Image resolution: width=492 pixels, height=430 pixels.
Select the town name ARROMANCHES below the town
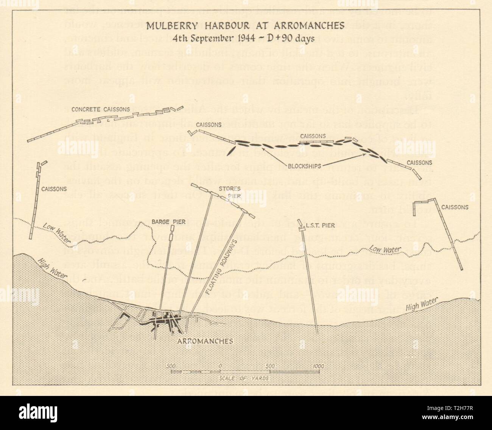pyautogui.click(x=205, y=341)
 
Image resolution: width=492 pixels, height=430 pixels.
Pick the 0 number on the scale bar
pyautogui.click(x=220, y=366)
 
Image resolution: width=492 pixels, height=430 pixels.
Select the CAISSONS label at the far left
pyautogui.click(x=54, y=188)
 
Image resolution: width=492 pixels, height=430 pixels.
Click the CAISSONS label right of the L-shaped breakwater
pyautogui.click(x=455, y=207)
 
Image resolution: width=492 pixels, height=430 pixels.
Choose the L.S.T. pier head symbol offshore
pyautogui.click(x=302, y=226)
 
